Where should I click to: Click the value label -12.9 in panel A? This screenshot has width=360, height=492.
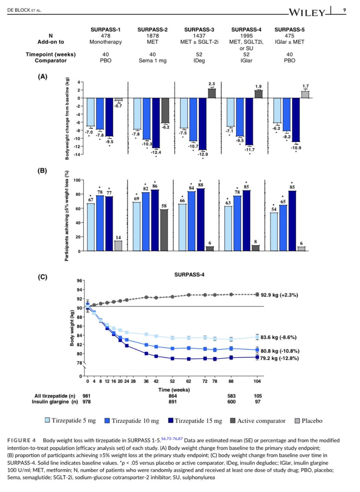click(x=203, y=154)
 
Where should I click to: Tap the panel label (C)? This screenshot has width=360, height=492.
click(x=43, y=277)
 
